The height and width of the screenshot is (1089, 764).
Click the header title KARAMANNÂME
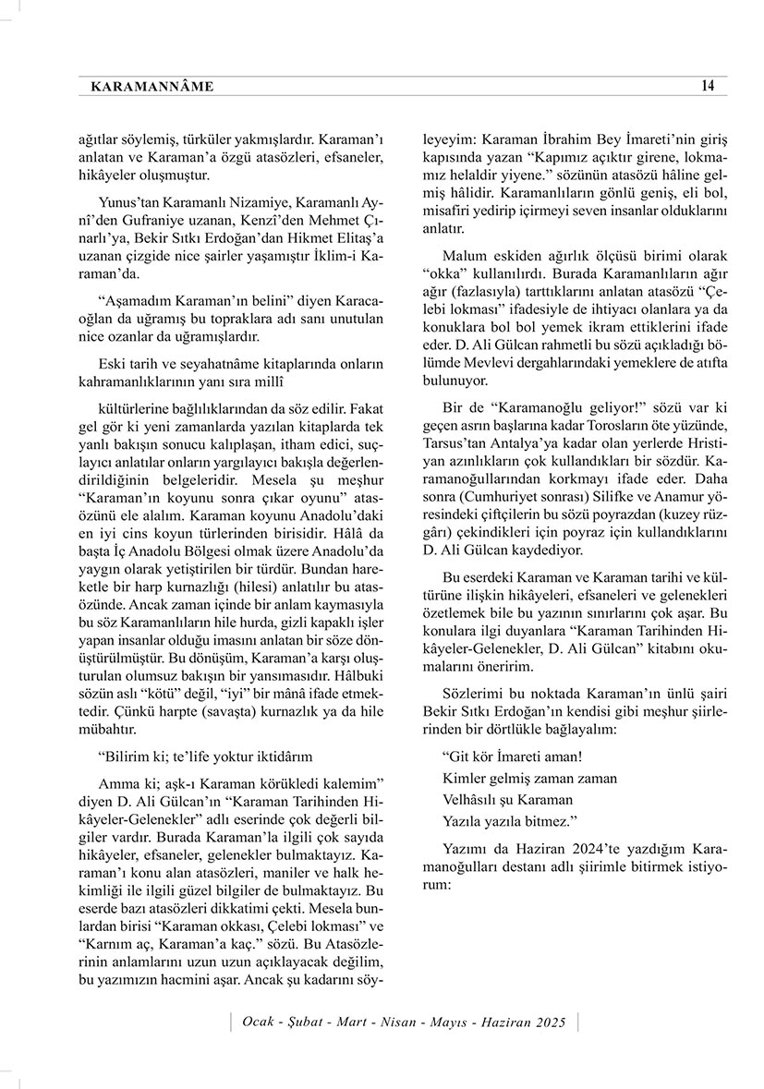click(x=153, y=87)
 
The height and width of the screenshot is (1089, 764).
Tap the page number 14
click(x=708, y=86)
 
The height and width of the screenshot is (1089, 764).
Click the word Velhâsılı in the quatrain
click(x=476, y=800)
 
